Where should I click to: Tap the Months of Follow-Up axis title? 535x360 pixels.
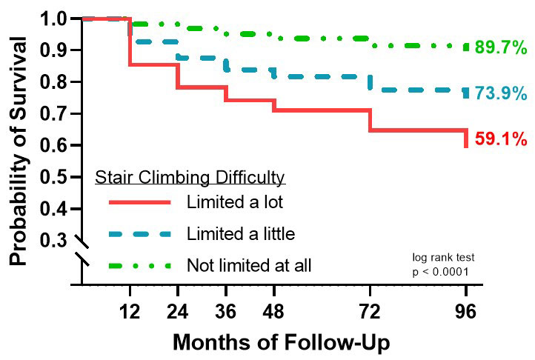(282, 342)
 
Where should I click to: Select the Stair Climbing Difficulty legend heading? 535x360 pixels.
(190, 178)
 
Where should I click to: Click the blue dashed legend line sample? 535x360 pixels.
(139, 234)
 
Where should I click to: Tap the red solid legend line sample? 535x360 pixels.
(139, 202)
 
